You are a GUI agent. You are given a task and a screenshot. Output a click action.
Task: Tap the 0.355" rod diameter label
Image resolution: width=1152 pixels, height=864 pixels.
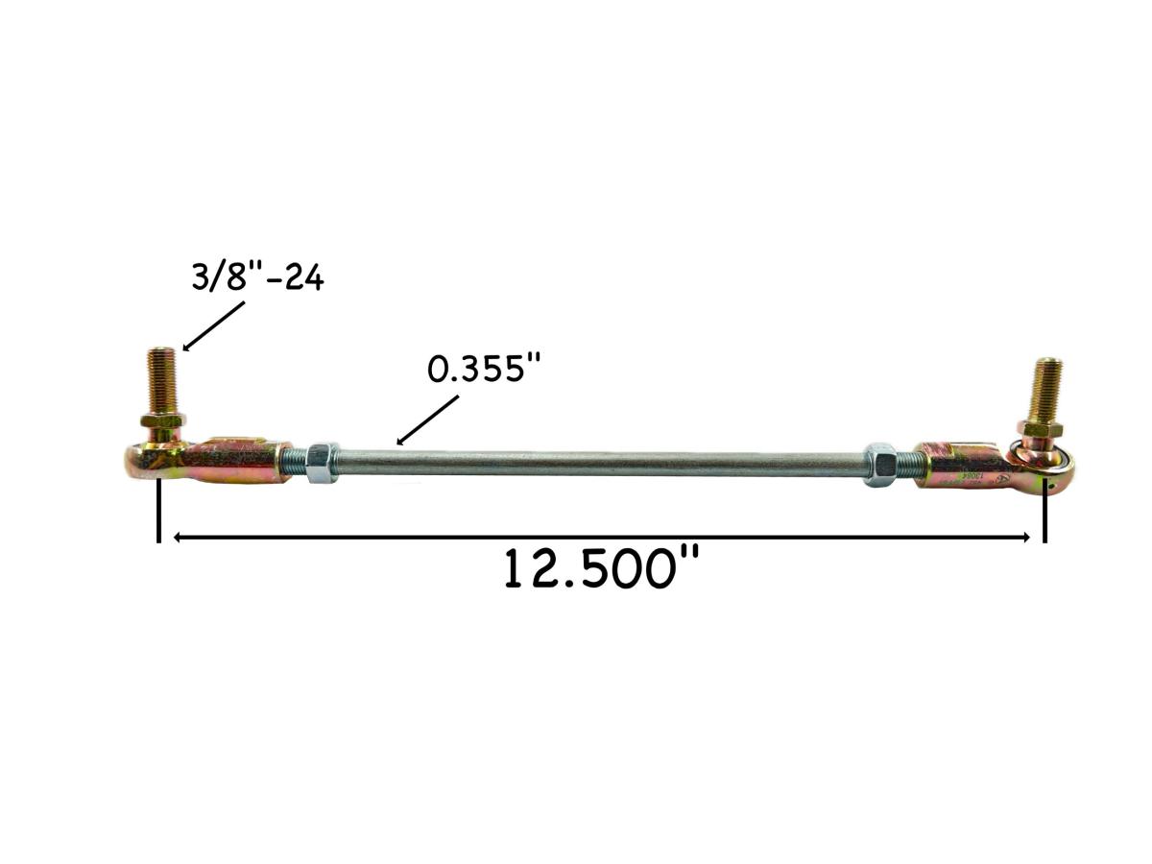click(x=479, y=370)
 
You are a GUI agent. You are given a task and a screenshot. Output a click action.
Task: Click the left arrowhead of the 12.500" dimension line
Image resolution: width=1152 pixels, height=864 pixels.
click(x=179, y=538)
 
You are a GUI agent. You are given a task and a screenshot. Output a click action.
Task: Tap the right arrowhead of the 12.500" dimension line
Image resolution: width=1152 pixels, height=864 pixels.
click(x=1024, y=538)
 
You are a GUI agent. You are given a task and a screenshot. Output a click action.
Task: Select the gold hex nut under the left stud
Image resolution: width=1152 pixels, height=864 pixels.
click(x=161, y=420)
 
